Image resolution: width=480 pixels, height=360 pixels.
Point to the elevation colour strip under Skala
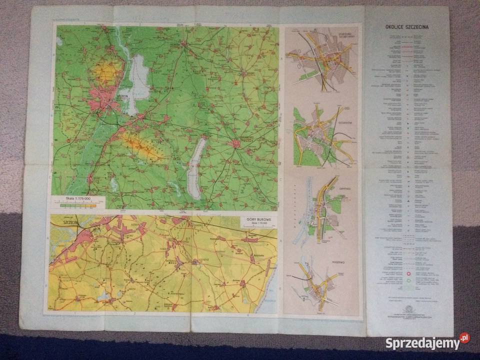[80, 204]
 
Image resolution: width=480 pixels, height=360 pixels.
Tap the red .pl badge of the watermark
[464, 338]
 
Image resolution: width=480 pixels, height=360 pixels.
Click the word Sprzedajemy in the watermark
[422, 343]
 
